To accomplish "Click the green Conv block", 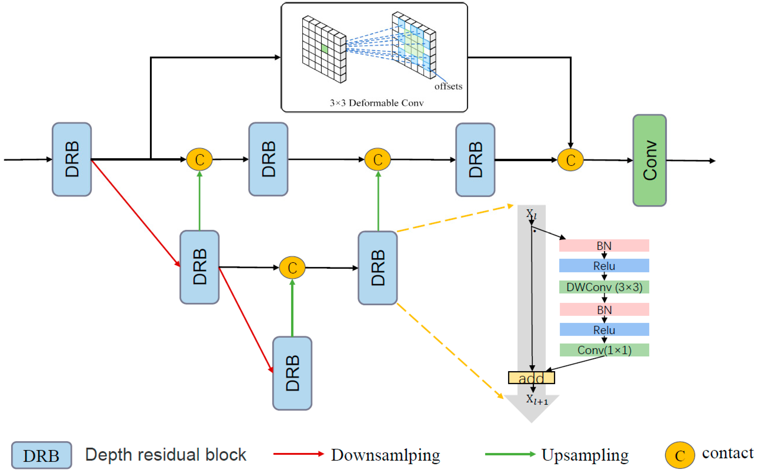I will point(649,160).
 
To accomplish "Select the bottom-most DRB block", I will point(292,373).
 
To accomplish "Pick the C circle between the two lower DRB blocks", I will point(292,267).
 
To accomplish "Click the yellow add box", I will point(531,378).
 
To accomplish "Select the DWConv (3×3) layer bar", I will point(604,287).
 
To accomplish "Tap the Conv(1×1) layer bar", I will point(604,350).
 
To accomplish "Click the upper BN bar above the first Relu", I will point(604,246).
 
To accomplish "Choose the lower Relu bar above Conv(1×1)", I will point(604,330).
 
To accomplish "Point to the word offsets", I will point(448,86).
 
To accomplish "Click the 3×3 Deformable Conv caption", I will point(376,103).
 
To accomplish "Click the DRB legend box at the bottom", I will point(41,455).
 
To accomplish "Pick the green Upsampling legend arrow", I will point(510,454).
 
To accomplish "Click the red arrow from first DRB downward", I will point(135,213).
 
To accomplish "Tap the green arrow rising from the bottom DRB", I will point(292,308).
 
